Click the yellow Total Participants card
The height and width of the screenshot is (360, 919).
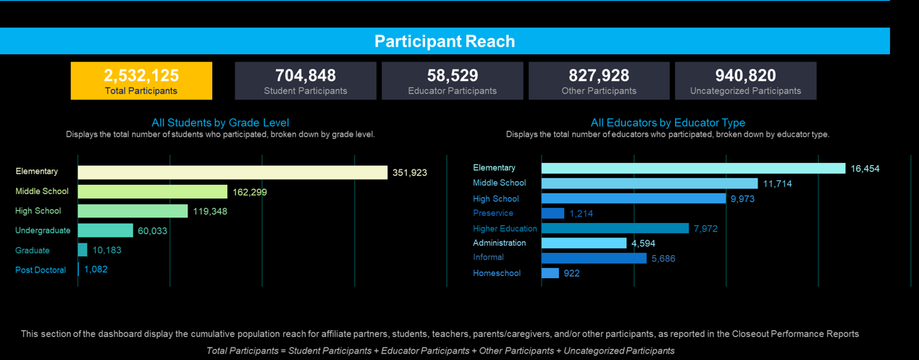[x=141, y=80]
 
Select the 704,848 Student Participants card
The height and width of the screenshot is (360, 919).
[x=306, y=80]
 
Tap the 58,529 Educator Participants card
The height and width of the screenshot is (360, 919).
[x=452, y=80]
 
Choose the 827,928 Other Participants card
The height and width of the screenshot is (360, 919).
[x=599, y=80]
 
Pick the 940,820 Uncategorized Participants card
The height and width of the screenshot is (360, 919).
[x=745, y=80]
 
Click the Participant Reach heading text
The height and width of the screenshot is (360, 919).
[x=445, y=41]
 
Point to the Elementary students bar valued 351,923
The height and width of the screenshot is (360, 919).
[x=232, y=172]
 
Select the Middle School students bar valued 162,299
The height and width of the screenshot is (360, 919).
[x=153, y=192]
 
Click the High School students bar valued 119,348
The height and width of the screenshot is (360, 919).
[x=133, y=211]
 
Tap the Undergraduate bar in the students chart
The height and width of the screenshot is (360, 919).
[x=106, y=230]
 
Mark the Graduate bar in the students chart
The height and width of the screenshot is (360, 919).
[x=83, y=250]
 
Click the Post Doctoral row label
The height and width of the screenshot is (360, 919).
[x=41, y=270]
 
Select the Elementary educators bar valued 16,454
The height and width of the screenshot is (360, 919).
[x=693, y=168]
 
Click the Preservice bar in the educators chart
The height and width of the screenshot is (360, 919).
[x=553, y=213]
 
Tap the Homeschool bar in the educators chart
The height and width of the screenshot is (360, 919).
[x=550, y=273]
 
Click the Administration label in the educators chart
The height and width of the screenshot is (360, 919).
[x=500, y=243]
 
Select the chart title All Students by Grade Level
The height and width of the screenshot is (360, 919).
[x=220, y=123]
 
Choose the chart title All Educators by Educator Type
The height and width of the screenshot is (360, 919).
[x=668, y=123]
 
